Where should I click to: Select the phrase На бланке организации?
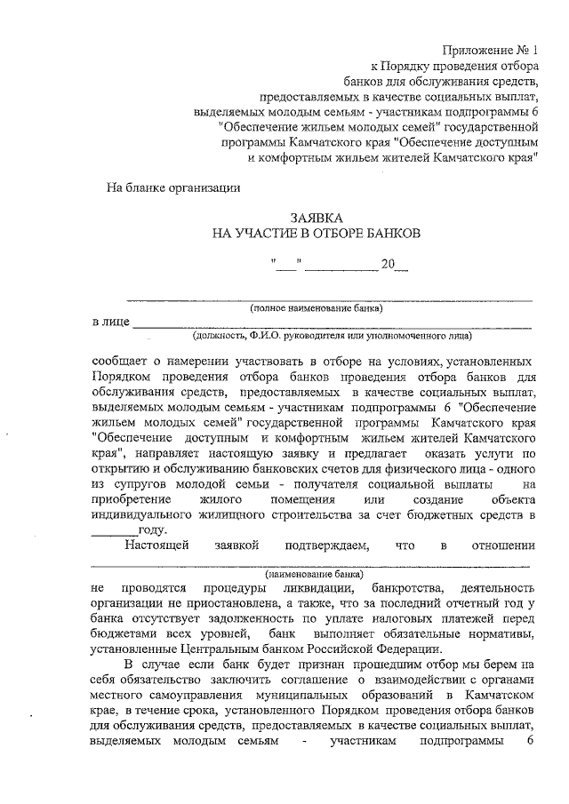(172, 187)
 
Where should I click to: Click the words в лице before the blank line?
(110, 322)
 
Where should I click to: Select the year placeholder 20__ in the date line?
(394, 264)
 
